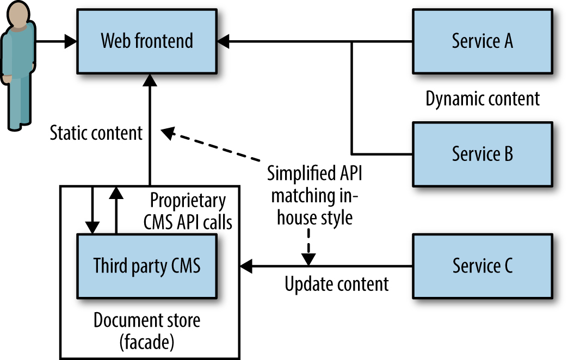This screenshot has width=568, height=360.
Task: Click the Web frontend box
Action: [x=147, y=41]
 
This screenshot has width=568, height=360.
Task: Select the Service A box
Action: [x=482, y=41]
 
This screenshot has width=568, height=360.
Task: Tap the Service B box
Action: [x=482, y=154]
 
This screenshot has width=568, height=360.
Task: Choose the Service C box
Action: [x=482, y=266]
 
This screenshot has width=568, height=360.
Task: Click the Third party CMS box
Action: [x=147, y=266]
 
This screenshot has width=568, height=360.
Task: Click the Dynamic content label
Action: [x=482, y=99]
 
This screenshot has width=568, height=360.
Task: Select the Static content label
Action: [x=96, y=133]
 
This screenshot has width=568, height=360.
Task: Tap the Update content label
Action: [x=337, y=284]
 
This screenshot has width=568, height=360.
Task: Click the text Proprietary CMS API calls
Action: [x=188, y=211]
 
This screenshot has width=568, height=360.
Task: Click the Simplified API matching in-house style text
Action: [x=314, y=196]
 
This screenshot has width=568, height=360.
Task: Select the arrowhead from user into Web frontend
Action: [x=70, y=41]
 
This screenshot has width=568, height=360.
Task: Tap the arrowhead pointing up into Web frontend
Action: [x=150, y=80]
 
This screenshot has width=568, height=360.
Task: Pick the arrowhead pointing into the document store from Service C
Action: [x=246, y=266]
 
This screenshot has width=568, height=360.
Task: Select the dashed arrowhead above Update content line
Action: [x=308, y=260]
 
